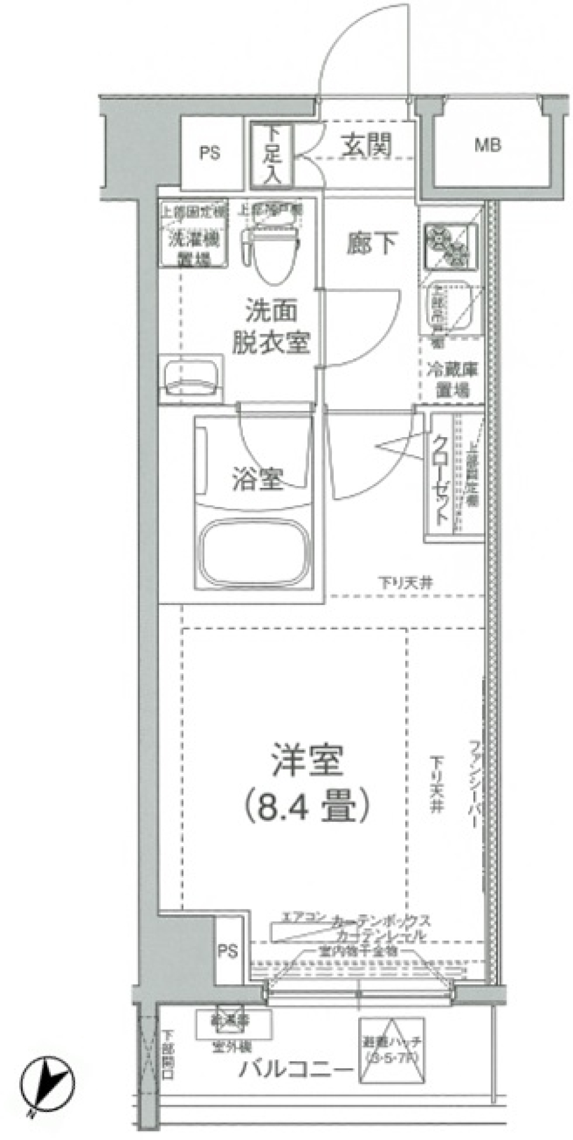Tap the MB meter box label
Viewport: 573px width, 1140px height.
pyautogui.click(x=488, y=145)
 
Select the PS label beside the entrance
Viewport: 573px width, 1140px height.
pyautogui.click(x=210, y=153)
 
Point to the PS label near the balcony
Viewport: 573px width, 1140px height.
pyautogui.click(x=227, y=951)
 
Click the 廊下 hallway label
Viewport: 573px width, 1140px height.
pyautogui.click(x=371, y=243)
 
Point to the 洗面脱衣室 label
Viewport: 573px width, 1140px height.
pyautogui.click(x=271, y=327)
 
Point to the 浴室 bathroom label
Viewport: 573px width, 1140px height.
pyautogui.click(x=257, y=479)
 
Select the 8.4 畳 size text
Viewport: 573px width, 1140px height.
pyautogui.click(x=307, y=806)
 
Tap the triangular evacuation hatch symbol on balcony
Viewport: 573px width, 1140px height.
pyautogui.click(x=392, y=1049)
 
